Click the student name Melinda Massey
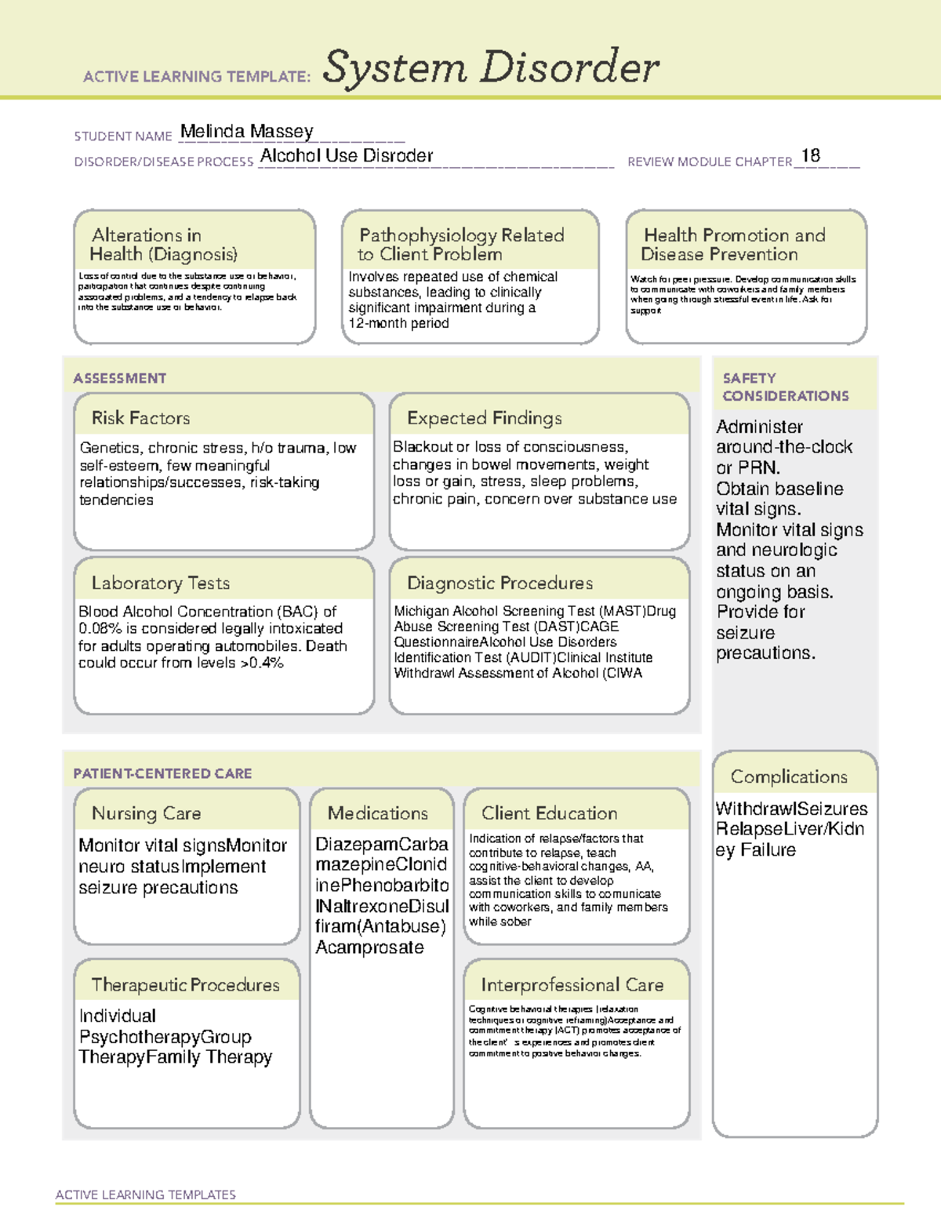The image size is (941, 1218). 246,132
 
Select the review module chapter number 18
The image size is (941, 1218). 810,156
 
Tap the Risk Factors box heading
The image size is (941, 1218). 141,418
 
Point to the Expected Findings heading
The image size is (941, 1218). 484,418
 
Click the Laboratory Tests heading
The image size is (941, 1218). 161,583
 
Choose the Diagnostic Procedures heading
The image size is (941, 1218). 500,583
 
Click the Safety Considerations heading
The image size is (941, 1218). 785,387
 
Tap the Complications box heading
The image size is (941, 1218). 789,776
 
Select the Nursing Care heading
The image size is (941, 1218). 147,813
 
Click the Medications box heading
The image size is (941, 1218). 378,813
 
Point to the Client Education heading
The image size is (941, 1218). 549,813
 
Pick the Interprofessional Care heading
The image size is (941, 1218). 572,984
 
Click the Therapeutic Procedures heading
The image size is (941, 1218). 185,984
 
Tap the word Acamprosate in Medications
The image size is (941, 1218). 369,947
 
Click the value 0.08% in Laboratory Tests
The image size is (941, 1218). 96,629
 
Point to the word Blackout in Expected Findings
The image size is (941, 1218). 423,447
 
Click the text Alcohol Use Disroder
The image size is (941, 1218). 347,156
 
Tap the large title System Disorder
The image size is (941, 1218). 491,67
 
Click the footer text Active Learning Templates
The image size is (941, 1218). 146,1194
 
